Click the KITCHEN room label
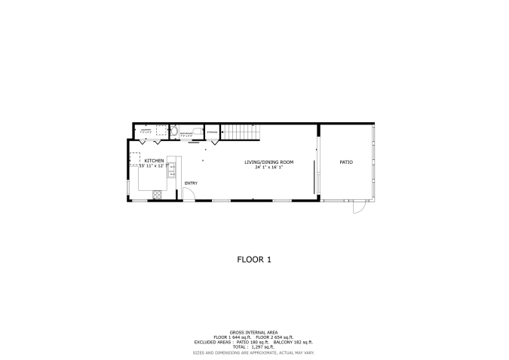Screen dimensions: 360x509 (x=155, y=161)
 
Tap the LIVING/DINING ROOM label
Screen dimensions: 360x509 (x=268, y=162)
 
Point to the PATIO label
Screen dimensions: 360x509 (x=346, y=162)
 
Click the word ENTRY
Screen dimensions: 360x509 (x=191, y=183)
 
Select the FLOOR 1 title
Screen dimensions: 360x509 (x=254, y=259)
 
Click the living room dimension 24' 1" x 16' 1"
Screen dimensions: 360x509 (x=268, y=168)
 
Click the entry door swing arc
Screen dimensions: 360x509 (x=189, y=194)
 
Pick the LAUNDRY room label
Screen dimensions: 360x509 (x=146, y=130)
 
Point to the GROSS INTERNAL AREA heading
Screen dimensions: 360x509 (x=254, y=331)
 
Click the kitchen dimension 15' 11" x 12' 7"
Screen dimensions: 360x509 (x=155, y=166)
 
